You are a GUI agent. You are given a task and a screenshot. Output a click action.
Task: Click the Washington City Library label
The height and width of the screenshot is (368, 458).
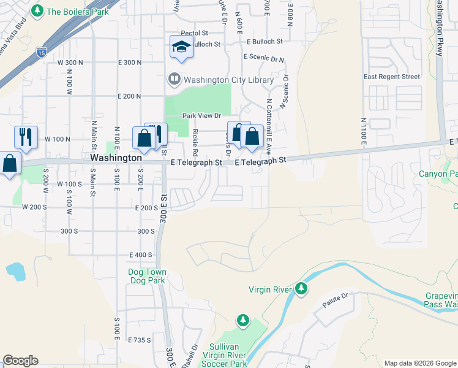coord(223,79)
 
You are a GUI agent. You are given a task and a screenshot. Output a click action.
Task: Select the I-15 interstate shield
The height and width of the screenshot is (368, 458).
coord(42,52)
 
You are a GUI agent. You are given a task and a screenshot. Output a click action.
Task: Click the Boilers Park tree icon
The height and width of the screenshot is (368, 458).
coord(38,11)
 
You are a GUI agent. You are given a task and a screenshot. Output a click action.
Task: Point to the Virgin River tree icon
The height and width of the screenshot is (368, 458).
coord(301,288)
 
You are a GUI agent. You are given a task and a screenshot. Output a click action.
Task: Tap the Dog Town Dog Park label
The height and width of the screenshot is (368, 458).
coord(147,276)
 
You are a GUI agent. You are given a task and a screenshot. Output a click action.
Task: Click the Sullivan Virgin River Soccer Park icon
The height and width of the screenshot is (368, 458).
coord(243,320)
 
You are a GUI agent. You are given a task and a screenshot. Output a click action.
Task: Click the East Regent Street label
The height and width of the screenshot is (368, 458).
coord(392,77)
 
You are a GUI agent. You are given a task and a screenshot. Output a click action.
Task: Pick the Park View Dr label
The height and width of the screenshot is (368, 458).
coord(201,115)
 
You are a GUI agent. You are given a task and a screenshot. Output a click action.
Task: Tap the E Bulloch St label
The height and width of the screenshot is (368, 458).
coord(265,42)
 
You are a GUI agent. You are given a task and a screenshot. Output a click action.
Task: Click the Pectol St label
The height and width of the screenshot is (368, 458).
coord(195,33)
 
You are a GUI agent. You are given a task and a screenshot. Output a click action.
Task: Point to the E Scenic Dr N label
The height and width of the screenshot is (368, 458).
coord(264,58)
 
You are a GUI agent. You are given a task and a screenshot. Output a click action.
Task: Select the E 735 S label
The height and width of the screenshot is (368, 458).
coord(140,339)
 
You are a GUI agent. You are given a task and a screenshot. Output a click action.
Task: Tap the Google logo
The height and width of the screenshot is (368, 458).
coord(20,361)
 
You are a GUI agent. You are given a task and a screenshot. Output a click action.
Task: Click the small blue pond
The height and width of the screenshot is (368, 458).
coord(15,270)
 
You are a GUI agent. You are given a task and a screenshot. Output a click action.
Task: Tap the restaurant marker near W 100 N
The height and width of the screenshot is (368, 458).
coord(26,137)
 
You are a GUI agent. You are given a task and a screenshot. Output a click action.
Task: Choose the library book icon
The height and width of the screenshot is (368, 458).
coord(175,79)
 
